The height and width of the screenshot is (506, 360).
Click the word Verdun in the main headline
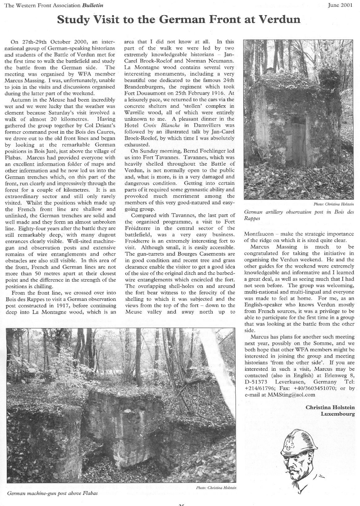278,20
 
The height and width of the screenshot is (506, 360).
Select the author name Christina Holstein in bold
330,407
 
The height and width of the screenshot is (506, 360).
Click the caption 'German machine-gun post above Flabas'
52,493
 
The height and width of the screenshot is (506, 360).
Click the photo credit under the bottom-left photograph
216,487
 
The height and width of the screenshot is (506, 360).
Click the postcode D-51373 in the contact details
257,382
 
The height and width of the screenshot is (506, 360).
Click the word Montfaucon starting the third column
259,234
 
